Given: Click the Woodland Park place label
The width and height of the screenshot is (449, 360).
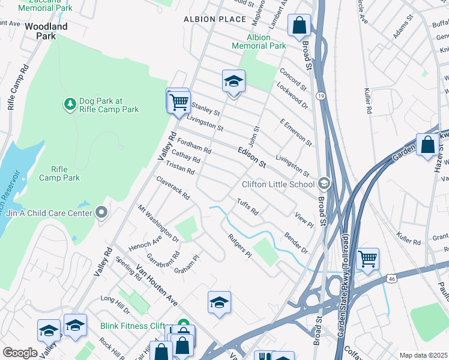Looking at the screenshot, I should [46, 31].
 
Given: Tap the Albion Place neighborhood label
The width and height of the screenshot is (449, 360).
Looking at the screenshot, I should [215, 19].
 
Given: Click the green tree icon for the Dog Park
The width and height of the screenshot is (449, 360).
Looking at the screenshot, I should [70, 104].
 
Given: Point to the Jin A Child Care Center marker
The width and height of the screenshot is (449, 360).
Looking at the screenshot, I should [101, 212].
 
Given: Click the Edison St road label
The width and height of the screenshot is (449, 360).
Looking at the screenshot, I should [251, 156].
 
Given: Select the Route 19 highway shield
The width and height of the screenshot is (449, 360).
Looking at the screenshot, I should [322, 96].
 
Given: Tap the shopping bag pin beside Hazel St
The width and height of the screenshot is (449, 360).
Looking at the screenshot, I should [427, 145].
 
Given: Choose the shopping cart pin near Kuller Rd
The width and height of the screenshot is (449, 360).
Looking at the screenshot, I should [367, 259].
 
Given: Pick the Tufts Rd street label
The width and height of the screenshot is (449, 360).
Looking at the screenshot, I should [247, 207].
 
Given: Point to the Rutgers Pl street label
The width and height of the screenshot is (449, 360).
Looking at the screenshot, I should [239, 247].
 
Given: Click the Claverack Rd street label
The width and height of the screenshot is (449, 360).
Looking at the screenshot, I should [173, 188].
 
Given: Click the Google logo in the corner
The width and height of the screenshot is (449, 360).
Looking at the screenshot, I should [20, 353].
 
